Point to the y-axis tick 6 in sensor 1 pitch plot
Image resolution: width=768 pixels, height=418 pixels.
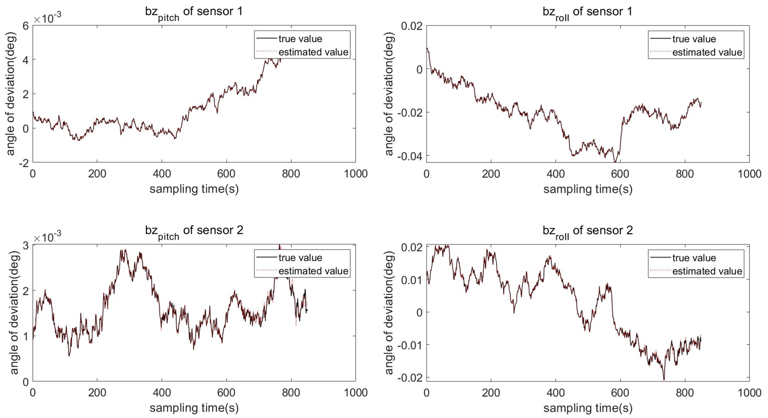pos(26,26)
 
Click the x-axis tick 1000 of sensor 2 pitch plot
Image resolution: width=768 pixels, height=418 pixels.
pos(355,393)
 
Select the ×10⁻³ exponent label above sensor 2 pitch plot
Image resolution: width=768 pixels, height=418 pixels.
pos(48,238)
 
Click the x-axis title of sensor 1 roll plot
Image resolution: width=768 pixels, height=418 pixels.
pos(588,189)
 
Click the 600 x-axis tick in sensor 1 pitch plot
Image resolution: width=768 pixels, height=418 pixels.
pos(226,174)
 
